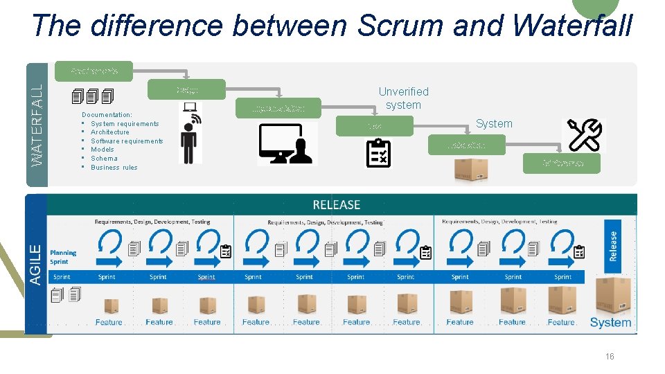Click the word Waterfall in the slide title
click(x=574, y=26)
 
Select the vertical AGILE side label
click(x=35, y=264)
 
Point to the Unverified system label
click(x=403, y=98)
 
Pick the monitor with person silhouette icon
click(x=287, y=144)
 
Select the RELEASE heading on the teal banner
click(x=337, y=204)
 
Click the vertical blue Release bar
click(x=613, y=246)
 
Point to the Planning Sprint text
click(x=63, y=257)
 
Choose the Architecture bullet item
click(x=109, y=132)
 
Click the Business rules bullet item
click(x=114, y=167)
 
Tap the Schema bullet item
click(x=104, y=159)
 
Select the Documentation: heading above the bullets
click(x=107, y=114)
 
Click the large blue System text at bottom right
click(x=610, y=322)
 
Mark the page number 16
click(x=610, y=357)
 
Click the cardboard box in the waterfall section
click(x=470, y=168)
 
